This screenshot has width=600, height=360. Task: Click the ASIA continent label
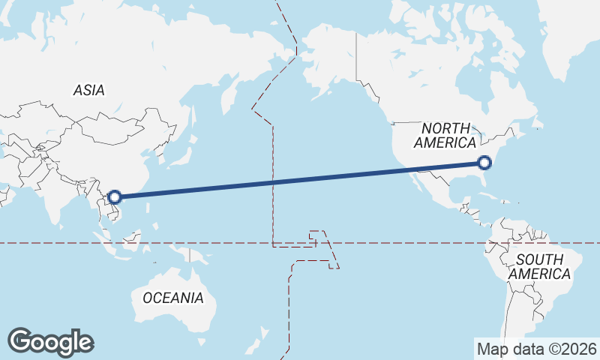[88, 91]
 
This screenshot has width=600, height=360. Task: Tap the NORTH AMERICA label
[445, 135]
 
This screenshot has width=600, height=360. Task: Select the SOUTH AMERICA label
[538, 267]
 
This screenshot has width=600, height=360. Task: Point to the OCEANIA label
[172, 298]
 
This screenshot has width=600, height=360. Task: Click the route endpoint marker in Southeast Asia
[114, 197]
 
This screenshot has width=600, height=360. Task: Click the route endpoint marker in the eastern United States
[484, 162]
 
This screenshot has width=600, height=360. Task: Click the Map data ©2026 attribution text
[537, 349]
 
